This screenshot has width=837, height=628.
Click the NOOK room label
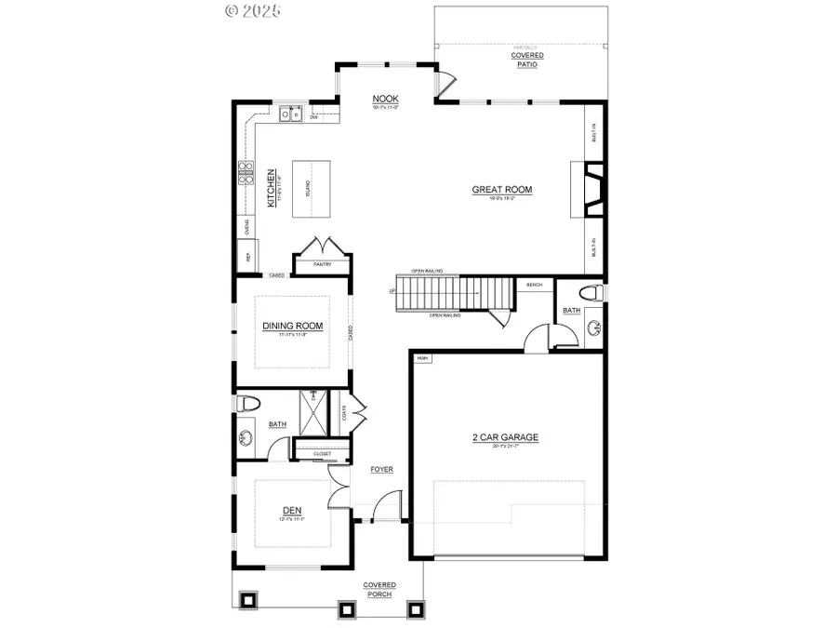click(x=385, y=99)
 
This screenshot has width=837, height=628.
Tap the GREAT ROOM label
click(x=501, y=190)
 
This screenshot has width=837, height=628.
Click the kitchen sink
click(x=291, y=114)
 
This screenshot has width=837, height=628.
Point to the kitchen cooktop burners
click(x=246, y=174)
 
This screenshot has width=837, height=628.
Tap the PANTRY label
click(x=322, y=264)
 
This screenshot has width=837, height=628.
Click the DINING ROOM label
click(x=292, y=326)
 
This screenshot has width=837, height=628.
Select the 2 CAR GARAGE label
click(x=506, y=437)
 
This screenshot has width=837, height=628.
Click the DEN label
click(x=292, y=510)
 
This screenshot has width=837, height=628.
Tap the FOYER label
click(x=381, y=470)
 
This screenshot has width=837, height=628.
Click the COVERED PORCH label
click(x=379, y=590)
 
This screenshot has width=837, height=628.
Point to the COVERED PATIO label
click(x=527, y=60)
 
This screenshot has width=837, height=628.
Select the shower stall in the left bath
click(x=312, y=412)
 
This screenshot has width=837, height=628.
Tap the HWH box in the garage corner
click(x=422, y=357)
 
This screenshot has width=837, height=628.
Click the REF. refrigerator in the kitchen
click(x=248, y=257)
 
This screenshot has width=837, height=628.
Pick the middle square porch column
click(x=346, y=609)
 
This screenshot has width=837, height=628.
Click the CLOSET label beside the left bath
click(x=322, y=454)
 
